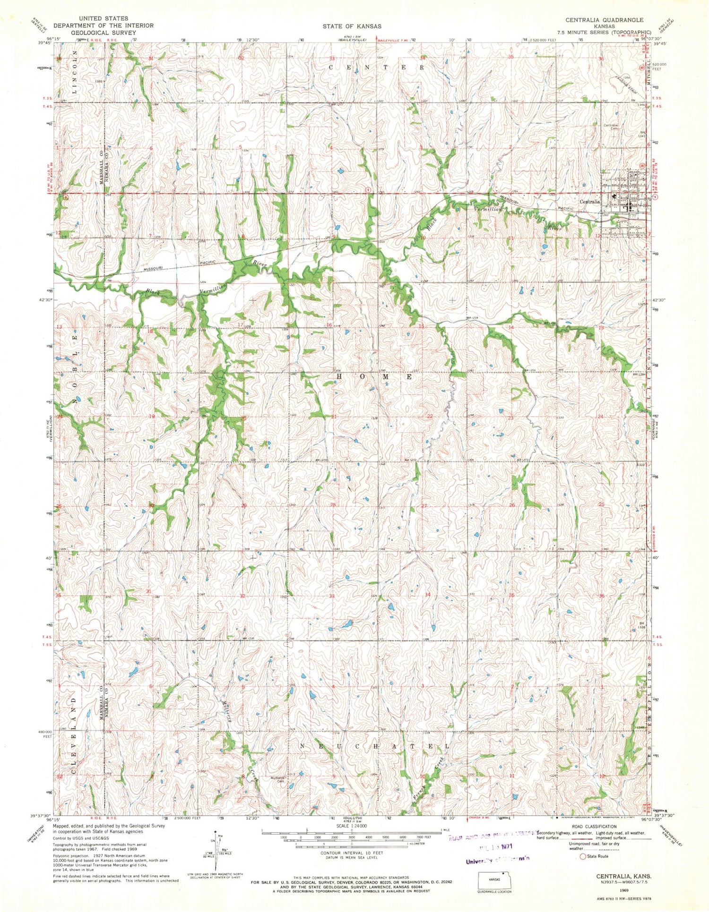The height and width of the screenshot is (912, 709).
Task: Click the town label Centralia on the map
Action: point(589,202)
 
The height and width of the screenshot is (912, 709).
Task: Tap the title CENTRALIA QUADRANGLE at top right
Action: point(604,20)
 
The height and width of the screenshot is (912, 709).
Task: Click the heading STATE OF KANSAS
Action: point(352,26)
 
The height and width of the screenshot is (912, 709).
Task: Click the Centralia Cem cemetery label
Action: point(611,127)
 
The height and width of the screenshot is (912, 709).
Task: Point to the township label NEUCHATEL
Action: point(375,746)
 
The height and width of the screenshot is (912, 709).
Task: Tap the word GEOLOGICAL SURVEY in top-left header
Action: point(104,33)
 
